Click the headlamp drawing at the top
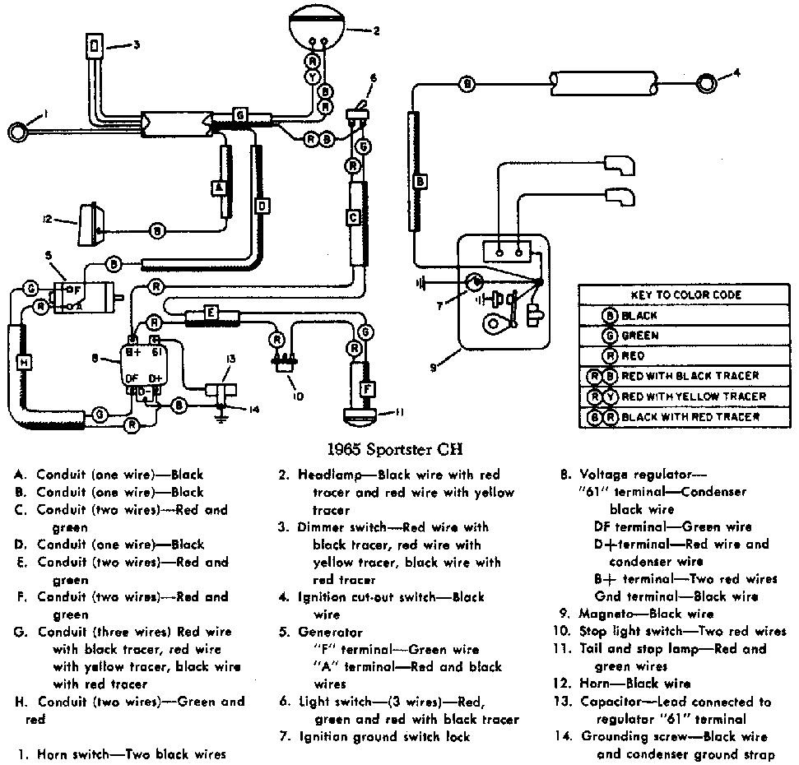coord(317,25)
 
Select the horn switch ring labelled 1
coord(18,132)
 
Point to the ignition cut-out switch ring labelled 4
coord(706,84)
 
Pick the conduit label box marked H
coord(24,362)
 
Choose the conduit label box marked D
coord(262,206)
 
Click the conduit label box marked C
coord(354,217)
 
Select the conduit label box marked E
coord(211,313)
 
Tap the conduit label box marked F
coord(367,390)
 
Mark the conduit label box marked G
coord(239,115)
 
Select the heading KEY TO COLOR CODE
coord(686,295)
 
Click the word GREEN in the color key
coord(640,336)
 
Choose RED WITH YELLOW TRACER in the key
coord(694,396)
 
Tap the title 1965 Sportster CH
coord(395,449)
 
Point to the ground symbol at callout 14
coord(221,415)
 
